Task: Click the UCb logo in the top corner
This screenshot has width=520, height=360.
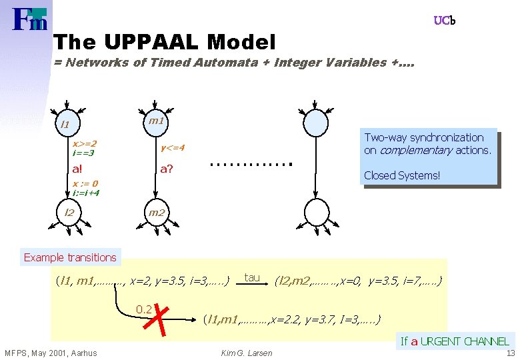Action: tap(445, 21)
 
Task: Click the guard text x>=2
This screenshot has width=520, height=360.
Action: tap(84, 143)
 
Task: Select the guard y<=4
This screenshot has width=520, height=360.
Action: tap(172, 147)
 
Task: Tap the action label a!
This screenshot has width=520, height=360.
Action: tap(78, 169)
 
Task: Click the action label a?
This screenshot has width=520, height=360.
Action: tap(167, 169)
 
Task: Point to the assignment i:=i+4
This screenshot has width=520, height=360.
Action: tap(86, 193)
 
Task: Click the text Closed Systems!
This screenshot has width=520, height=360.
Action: tap(402, 176)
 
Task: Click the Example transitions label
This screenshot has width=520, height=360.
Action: tap(70, 257)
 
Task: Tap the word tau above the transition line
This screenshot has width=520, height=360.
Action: tap(251, 277)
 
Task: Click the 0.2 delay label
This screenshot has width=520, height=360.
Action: tap(143, 309)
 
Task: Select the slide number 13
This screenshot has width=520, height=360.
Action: tap(510, 353)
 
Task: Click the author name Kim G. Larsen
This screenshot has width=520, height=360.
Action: tap(246, 353)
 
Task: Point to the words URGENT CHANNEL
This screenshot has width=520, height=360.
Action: tap(465, 341)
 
